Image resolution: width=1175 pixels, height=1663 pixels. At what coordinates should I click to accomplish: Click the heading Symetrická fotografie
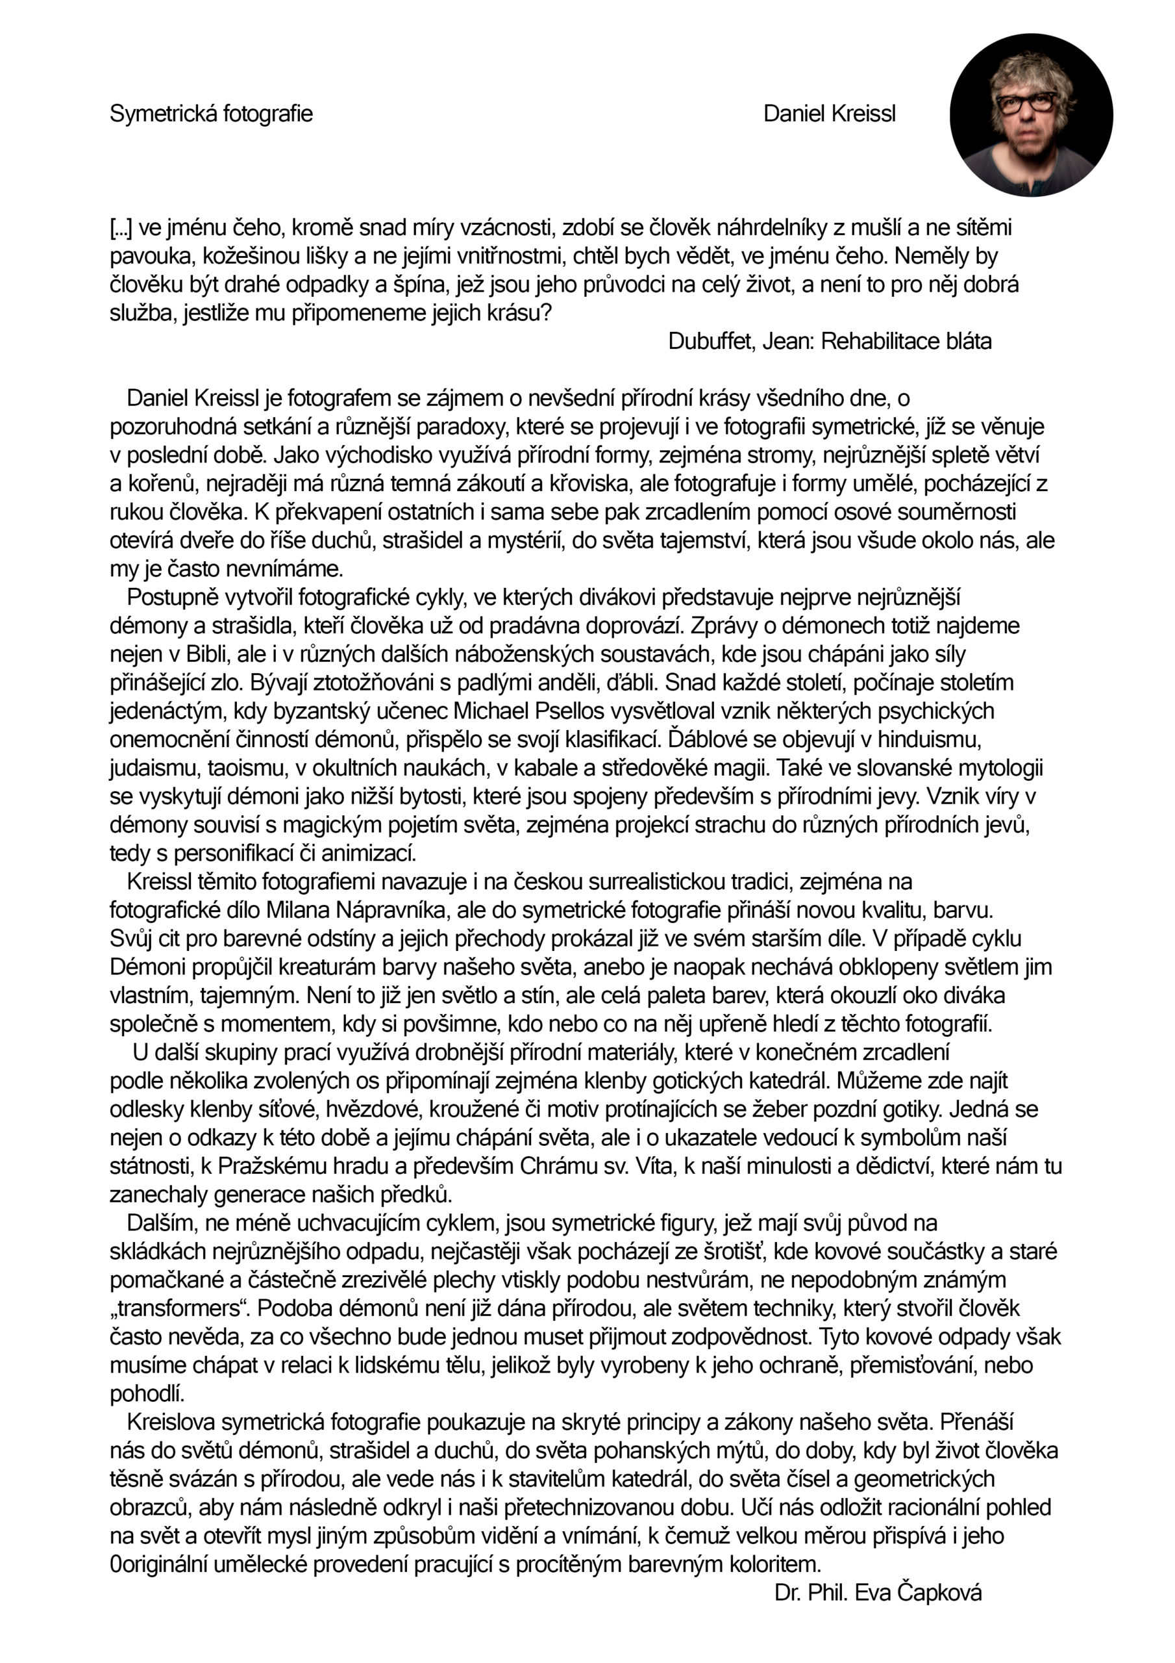[x=211, y=114]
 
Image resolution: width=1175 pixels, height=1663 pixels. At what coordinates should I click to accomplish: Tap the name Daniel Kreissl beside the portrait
[x=829, y=114]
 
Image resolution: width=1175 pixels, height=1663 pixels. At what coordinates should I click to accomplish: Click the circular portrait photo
[x=1031, y=114]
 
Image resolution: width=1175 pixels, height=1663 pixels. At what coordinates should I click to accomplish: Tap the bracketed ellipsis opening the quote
[x=121, y=228]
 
